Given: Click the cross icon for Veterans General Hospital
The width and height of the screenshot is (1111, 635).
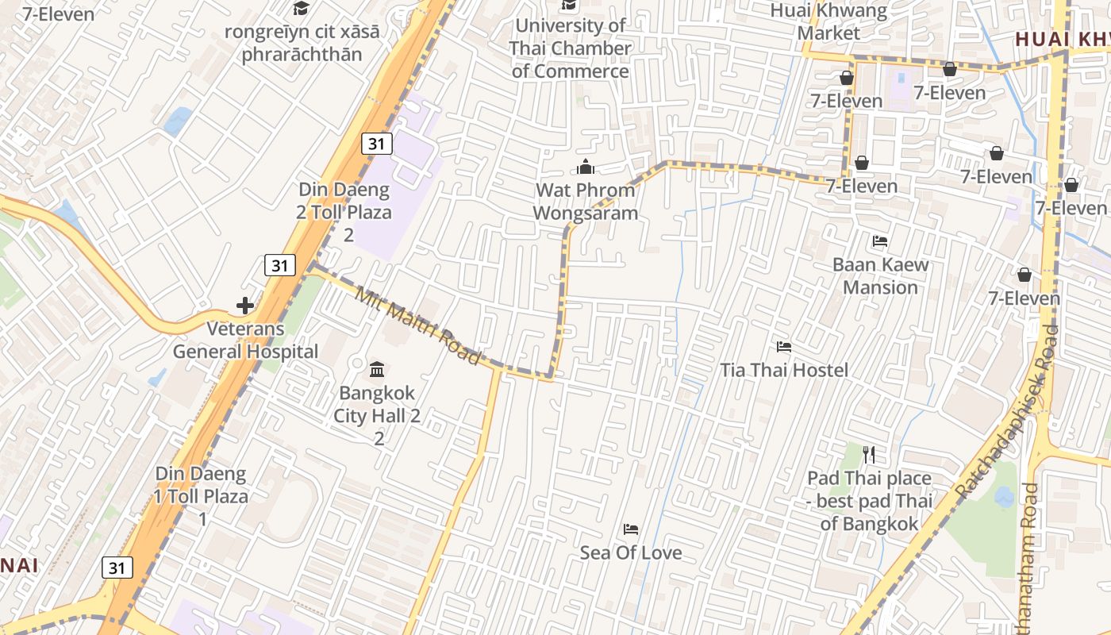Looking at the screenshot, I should pyautogui.click(x=245, y=305).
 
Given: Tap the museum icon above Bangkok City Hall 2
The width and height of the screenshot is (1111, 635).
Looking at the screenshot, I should pyautogui.click(x=378, y=369).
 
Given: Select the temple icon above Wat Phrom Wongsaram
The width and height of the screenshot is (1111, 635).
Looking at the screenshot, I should pyautogui.click(x=586, y=167).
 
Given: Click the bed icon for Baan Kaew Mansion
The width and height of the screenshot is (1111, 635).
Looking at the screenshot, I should pyautogui.click(x=880, y=241).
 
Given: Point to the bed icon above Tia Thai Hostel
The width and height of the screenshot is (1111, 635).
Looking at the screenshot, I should pyautogui.click(x=784, y=347).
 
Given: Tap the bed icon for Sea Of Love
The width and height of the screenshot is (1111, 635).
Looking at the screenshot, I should pyautogui.click(x=631, y=529).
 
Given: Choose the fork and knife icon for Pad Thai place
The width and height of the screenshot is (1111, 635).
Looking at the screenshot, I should pyautogui.click(x=869, y=455).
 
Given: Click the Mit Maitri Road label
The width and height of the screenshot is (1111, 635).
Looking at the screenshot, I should pyautogui.click(x=418, y=327).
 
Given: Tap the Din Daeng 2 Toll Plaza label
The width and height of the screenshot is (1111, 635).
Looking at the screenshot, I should pyautogui.click(x=345, y=212).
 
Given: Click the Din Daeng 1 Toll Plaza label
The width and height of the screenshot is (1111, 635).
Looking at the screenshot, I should pyautogui.click(x=202, y=496).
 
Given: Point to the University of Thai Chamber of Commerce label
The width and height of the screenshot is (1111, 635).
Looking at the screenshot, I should pyautogui.click(x=571, y=48).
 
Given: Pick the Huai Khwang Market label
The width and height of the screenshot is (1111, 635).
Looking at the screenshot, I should pyautogui.click(x=828, y=21).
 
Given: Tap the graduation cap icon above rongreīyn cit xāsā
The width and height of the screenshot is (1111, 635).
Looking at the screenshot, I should pyautogui.click(x=301, y=9).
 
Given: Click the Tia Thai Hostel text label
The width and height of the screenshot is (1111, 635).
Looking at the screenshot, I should pyautogui.click(x=784, y=370).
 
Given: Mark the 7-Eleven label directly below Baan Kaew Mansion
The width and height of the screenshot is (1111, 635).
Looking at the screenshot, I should pyautogui.click(x=1024, y=298).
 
